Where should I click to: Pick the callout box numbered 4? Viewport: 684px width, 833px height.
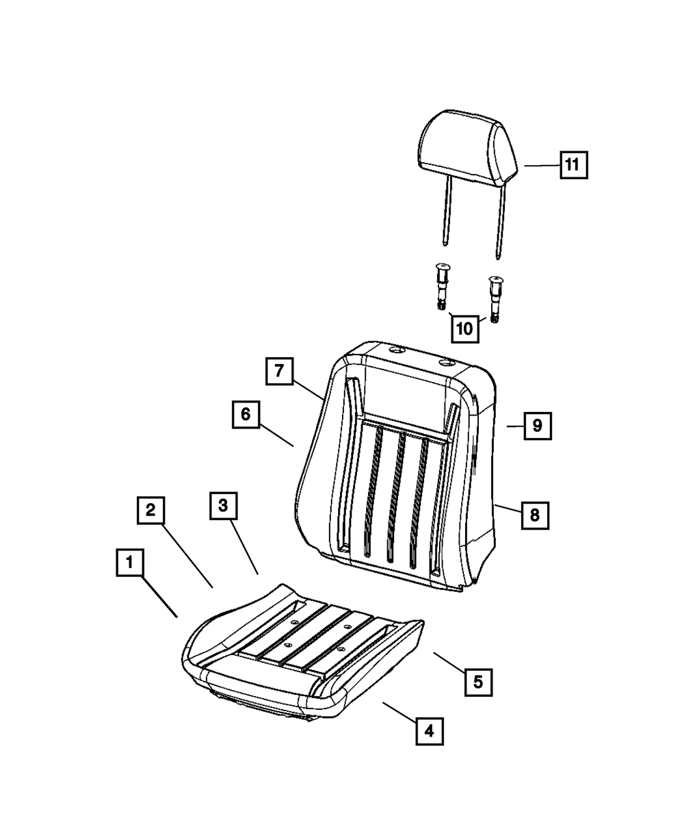click(429, 731)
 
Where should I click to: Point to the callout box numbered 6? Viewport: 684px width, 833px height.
click(246, 414)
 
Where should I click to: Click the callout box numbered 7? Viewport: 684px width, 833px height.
click(279, 372)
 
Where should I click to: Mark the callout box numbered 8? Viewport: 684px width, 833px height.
click(534, 515)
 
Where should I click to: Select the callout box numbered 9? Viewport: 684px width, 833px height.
click(537, 426)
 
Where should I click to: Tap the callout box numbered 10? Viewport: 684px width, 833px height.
click(464, 329)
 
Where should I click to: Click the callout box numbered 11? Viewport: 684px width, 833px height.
click(573, 164)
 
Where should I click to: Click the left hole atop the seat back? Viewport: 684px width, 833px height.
click(395, 350)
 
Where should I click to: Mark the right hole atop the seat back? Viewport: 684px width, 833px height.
click(446, 361)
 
